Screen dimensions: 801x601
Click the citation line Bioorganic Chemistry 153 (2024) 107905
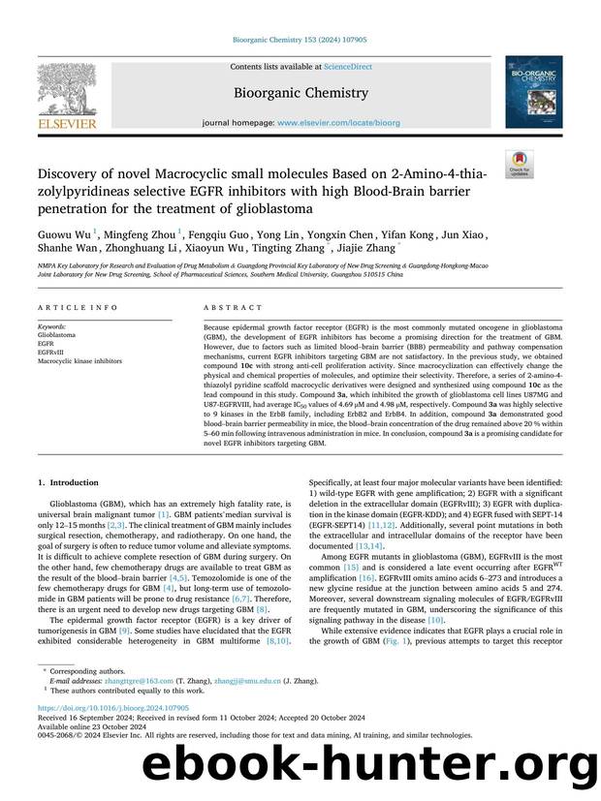pyautogui.click(x=300, y=41)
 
